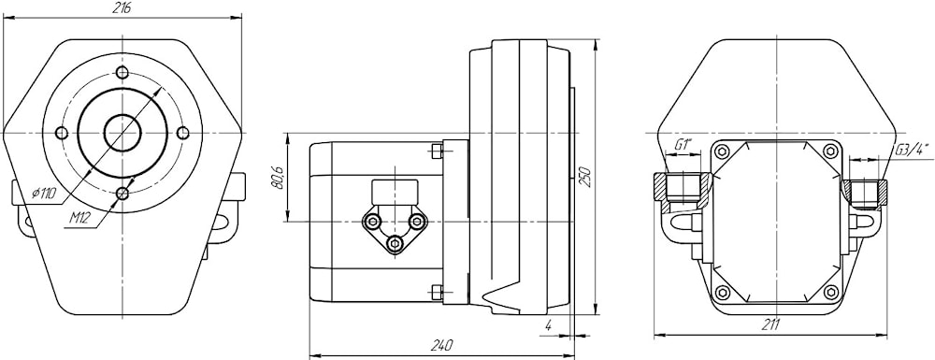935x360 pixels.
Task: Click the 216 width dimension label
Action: [122, 7]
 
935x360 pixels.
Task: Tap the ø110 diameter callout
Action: [47, 194]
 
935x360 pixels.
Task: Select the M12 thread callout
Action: [79, 218]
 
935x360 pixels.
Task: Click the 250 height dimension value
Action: [586, 177]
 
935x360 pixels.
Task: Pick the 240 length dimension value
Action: [441, 345]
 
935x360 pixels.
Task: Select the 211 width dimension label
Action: [771, 324]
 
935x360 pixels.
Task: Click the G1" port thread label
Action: [683, 144]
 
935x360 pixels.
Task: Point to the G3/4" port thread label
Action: [913, 150]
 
